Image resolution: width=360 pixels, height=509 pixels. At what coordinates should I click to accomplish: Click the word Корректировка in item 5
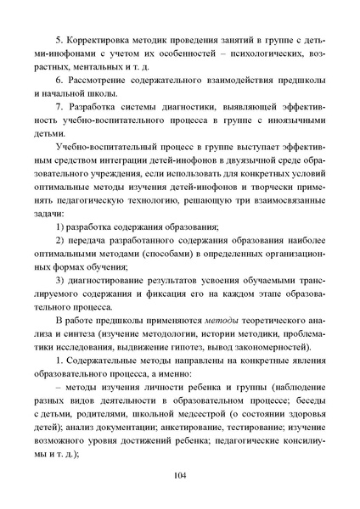105,39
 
